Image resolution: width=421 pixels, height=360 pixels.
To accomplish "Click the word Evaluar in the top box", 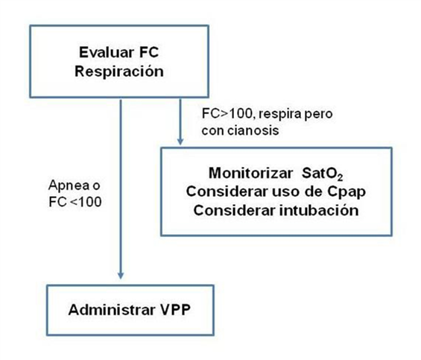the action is (x=107, y=52).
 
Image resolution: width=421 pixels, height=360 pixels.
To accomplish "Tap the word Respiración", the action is (x=119, y=72).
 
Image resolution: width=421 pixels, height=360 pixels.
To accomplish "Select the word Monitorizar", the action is (x=251, y=173).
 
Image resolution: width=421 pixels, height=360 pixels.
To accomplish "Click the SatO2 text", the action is (x=322, y=174).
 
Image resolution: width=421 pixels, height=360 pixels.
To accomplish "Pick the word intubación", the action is (x=319, y=210).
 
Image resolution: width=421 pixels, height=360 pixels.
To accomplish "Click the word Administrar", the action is (x=112, y=310).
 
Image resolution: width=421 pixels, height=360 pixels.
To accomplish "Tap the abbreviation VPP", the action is (x=176, y=310).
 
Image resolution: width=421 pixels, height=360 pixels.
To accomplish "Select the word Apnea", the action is (x=69, y=186).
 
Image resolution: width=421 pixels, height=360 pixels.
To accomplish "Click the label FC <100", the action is (x=75, y=202).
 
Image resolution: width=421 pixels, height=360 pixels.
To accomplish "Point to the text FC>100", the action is (x=227, y=113).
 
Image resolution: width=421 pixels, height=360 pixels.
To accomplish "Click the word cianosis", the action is (x=253, y=130).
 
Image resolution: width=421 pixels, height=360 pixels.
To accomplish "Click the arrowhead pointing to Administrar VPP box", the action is (x=121, y=275).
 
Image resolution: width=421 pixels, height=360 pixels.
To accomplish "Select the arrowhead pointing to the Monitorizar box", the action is (x=180, y=142).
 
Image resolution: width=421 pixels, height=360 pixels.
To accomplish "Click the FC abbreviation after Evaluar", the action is (x=149, y=52).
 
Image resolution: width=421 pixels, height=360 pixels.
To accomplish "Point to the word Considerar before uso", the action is (x=227, y=192).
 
